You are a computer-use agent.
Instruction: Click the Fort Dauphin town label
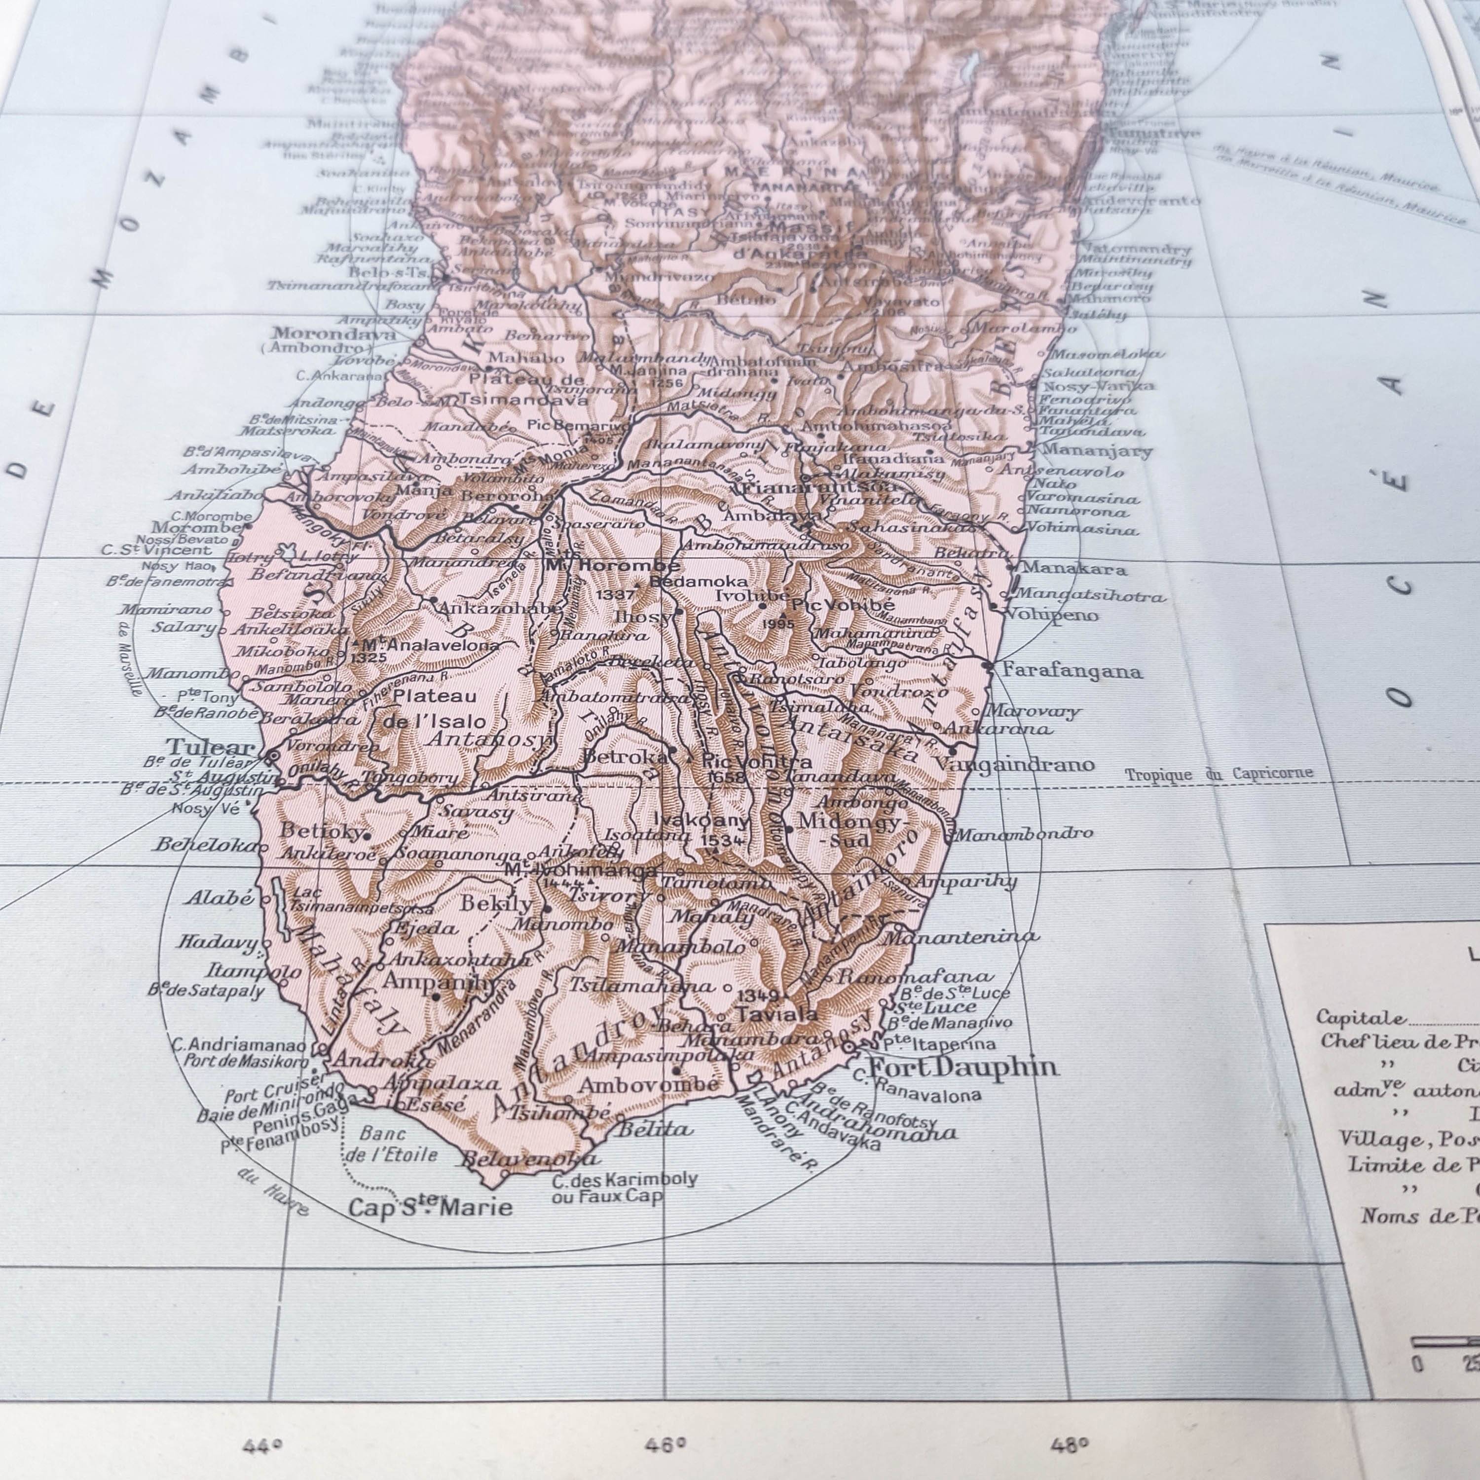[x=963, y=1067]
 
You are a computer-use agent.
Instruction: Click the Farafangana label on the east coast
[x=1072, y=672]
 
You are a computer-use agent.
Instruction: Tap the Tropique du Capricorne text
[x=1218, y=774]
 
